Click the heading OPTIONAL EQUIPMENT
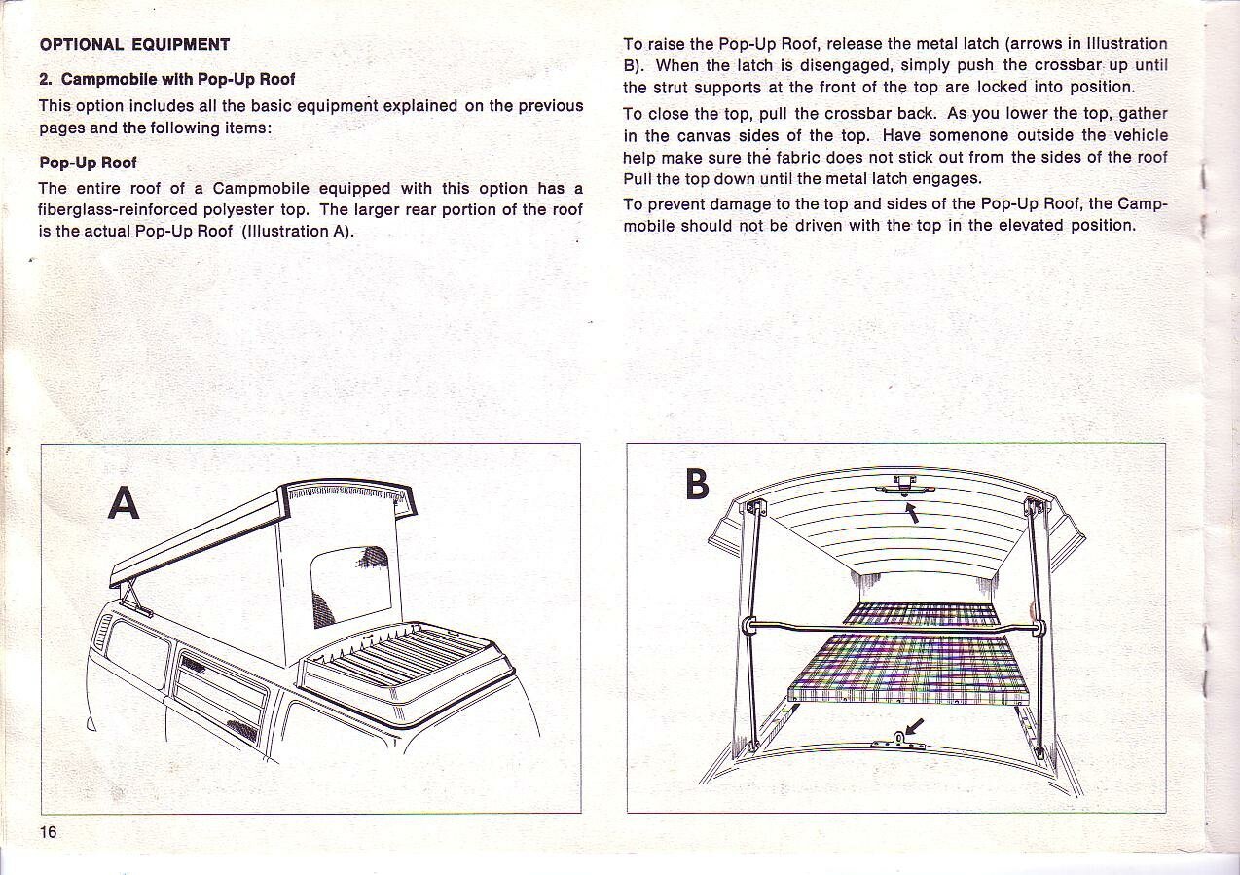pos(134,45)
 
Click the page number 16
pos(49,831)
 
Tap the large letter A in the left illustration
pos(124,503)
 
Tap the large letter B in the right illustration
pos(697,484)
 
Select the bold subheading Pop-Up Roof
pos(88,163)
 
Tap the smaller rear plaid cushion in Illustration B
pos(920,613)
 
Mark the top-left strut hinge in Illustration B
pos(754,507)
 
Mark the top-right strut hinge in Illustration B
pos(1033,505)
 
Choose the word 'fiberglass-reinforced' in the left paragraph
pos(117,210)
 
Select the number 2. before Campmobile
pos(46,79)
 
